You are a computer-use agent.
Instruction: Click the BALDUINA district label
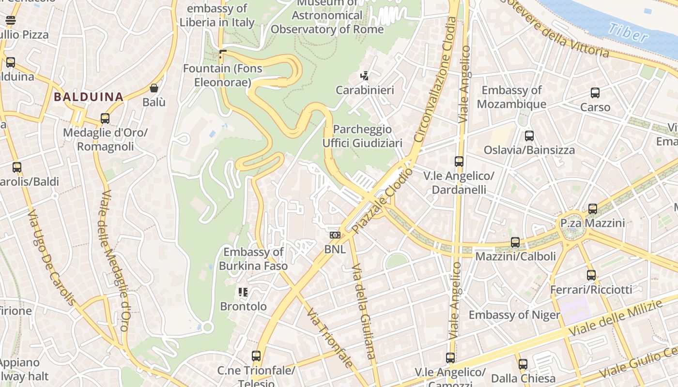(x=89, y=97)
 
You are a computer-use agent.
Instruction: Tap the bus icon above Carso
(x=595, y=93)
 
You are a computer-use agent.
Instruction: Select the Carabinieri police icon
(x=365, y=75)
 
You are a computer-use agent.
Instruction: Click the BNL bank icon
(x=335, y=235)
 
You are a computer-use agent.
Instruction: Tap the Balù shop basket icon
(x=154, y=88)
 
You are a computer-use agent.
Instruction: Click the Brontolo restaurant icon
(x=243, y=292)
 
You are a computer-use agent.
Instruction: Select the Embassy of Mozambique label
(x=511, y=97)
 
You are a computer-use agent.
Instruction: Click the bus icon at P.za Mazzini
(x=592, y=209)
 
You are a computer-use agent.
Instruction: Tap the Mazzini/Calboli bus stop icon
(x=515, y=242)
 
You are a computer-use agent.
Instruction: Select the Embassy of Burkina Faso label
(x=253, y=259)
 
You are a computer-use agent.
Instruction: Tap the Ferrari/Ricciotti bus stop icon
(x=591, y=275)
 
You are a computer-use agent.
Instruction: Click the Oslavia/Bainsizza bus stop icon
(x=529, y=136)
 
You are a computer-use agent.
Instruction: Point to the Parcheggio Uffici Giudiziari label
(x=362, y=136)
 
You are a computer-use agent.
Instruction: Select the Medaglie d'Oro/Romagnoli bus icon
(x=105, y=119)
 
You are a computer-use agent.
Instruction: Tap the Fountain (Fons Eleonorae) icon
(x=223, y=53)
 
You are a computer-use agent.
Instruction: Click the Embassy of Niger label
(x=514, y=315)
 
